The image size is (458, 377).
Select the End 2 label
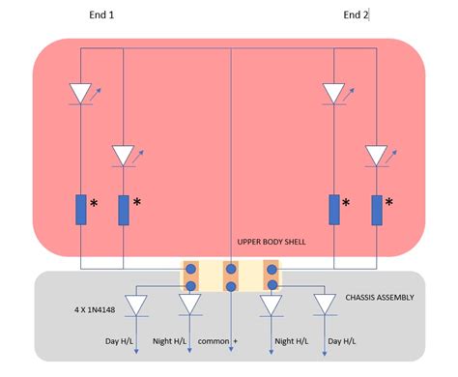[x=357, y=14]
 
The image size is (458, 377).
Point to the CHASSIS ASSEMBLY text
[x=379, y=297]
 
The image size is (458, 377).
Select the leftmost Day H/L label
[x=121, y=341]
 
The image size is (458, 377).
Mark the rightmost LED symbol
[x=376, y=155]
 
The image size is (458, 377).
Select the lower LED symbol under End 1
[x=124, y=155]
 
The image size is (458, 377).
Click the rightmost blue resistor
[x=376, y=210]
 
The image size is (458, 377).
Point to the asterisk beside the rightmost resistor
[x=389, y=203]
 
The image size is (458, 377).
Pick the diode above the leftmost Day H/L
[x=137, y=304]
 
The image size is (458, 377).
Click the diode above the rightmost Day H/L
[x=324, y=304]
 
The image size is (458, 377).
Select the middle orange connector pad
[x=231, y=276]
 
